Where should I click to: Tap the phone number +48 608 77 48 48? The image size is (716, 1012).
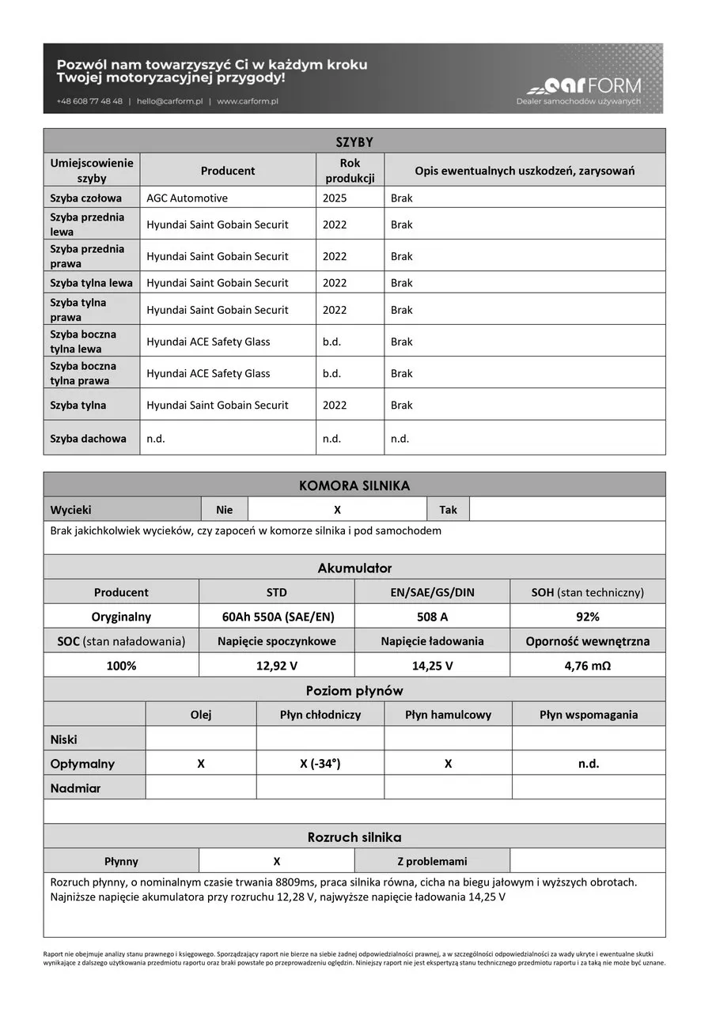89,101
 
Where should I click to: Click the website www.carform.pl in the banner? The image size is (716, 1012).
247,101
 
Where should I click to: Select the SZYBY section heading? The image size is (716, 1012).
354,142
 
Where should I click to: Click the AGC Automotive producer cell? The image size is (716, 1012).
187,198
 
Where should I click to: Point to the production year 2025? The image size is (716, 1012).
335,198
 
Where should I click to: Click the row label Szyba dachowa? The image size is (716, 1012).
88,438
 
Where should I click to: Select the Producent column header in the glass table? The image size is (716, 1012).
228,171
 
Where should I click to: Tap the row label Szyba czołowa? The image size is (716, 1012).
85,198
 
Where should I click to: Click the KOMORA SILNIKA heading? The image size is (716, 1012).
354,485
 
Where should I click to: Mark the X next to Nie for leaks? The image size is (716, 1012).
338,510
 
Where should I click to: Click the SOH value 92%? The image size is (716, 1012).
587,617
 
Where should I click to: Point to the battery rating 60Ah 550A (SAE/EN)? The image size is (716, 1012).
276,617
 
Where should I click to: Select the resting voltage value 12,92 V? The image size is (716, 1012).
276,666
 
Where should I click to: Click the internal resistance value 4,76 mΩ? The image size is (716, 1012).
587,666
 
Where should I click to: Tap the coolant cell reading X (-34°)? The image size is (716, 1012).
320,764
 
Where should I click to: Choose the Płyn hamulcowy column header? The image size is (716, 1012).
448,715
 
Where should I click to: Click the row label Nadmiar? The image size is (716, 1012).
75,788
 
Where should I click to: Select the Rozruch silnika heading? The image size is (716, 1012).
354,837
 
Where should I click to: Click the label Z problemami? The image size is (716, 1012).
431,861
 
